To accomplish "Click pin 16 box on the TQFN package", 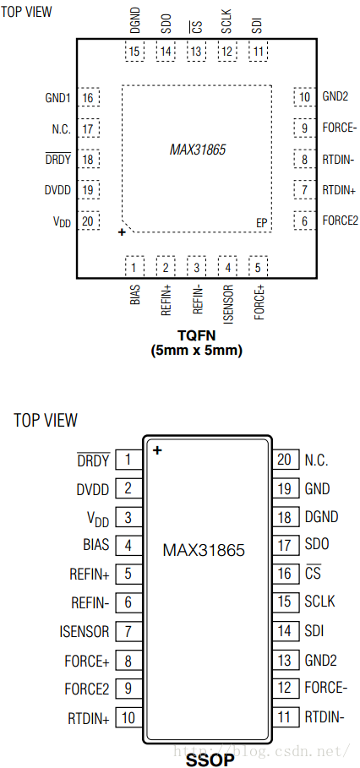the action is click(89, 97).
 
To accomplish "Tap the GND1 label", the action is click(58, 97).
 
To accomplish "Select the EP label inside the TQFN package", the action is click(262, 223).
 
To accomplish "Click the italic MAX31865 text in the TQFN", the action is click(198, 150).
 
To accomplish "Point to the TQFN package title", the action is click(196, 336).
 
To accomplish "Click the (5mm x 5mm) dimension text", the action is click(196, 351).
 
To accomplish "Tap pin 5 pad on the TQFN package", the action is click(258, 267).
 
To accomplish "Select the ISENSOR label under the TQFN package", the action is click(228, 304).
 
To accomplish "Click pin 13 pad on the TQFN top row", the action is click(196, 52).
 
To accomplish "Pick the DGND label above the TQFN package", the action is click(135, 20).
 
